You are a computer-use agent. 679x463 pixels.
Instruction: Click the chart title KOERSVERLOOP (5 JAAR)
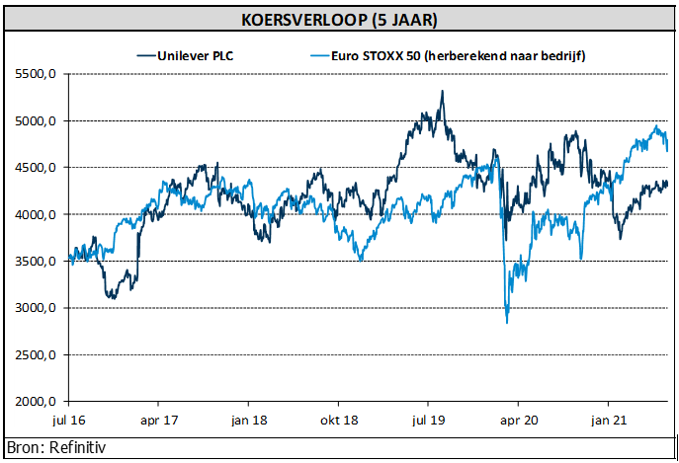tap(339, 20)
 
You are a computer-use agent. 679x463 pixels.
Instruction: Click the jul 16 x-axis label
tap(69, 419)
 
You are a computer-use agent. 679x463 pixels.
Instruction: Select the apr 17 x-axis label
tap(159, 419)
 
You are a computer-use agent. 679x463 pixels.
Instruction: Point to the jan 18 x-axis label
tap(249, 419)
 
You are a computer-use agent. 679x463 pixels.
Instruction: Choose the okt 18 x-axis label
tap(339, 419)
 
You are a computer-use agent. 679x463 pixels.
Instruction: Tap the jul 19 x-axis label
tap(429, 419)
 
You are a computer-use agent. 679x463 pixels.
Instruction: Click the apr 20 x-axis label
tap(519, 419)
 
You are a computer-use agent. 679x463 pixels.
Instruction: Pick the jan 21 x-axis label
tap(609, 419)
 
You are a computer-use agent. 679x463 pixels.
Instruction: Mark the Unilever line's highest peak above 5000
tap(442, 91)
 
